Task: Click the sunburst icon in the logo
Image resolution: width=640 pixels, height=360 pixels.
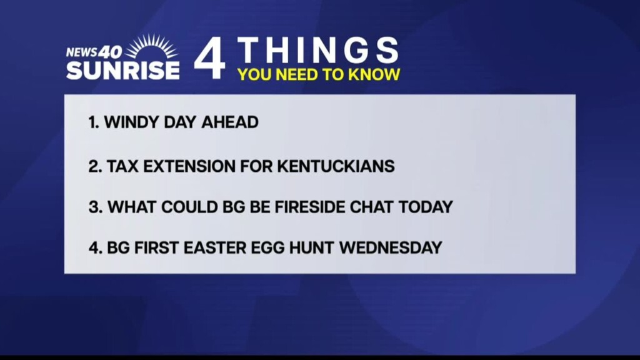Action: click(x=152, y=46)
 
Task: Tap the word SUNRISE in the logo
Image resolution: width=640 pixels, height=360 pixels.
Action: click(x=123, y=70)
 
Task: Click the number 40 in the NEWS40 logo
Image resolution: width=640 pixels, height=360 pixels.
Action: click(x=110, y=52)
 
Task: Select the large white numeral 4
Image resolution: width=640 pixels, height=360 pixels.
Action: click(x=210, y=58)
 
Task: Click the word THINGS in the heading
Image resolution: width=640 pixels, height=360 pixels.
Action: click(x=318, y=50)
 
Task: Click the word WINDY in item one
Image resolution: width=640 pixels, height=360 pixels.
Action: click(x=131, y=122)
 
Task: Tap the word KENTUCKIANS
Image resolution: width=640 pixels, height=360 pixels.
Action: click(x=336, y=166)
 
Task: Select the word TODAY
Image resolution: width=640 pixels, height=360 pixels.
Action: click(x=426, y=207)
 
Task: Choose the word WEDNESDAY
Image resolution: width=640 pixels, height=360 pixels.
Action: click(x=391, y=247)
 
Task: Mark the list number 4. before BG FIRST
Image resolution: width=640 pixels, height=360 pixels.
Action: click(x=96, y=247)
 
